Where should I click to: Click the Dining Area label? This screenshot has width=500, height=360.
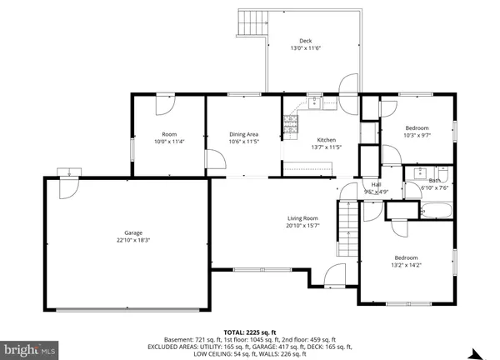(x=244, y=133)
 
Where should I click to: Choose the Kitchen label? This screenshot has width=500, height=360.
(x=325, y=139)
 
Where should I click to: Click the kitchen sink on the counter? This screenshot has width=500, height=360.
(x=315, y=104)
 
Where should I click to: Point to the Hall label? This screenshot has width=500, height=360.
(x=376, y=185)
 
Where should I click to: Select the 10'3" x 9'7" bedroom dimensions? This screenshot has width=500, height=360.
(x=416, y=135)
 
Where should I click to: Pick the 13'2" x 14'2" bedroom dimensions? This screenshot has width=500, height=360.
(x=406, y=265)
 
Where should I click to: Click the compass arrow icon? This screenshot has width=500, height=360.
(x=477, y=352)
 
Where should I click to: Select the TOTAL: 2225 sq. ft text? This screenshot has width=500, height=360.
(x=249, y=331)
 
